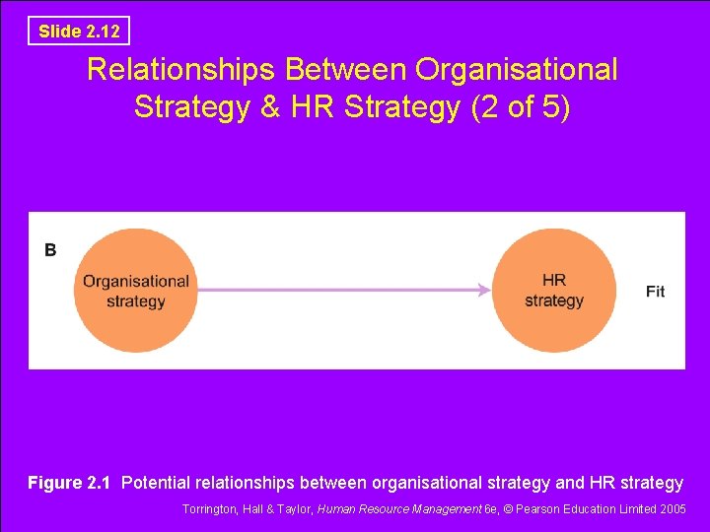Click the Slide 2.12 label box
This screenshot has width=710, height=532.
pos(79,32)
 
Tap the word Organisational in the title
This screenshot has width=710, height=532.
pos(517,70)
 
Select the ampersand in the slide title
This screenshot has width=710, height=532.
pos(270,106)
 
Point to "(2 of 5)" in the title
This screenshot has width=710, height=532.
pos(521,106)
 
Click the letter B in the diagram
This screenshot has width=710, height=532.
pos(50,250)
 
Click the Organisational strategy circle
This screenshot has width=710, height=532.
pos(136,291)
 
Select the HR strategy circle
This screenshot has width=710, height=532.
pos(553,291)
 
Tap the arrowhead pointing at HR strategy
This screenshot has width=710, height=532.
pos(483,290)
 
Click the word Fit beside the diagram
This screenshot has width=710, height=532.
pos(655,291)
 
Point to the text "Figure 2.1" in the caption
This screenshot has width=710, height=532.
pos(69,483)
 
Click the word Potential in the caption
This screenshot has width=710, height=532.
pos(158,483)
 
